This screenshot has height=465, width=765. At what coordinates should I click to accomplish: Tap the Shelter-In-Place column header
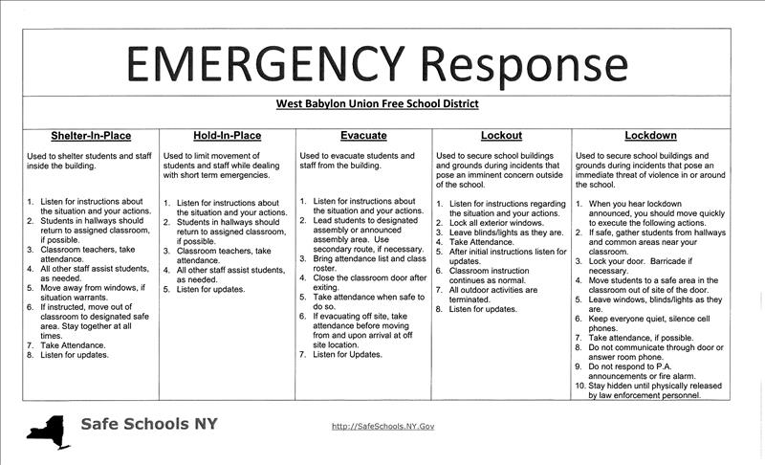pos(91,136)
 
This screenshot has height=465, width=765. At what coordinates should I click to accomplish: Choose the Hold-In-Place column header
pos(228,136)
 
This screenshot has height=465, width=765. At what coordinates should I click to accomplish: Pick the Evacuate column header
pos(363,136)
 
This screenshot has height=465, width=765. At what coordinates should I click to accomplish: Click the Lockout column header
pos(501,136)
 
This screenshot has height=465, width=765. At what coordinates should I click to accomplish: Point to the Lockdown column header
pos(650,136)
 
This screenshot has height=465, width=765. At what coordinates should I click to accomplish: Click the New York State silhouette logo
pos(48,430)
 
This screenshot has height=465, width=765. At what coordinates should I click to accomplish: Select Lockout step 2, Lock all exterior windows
pos(497,223)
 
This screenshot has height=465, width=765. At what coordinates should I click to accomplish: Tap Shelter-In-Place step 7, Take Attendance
pos(73,343)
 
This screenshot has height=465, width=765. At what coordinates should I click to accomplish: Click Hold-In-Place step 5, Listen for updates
pos(214,289)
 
